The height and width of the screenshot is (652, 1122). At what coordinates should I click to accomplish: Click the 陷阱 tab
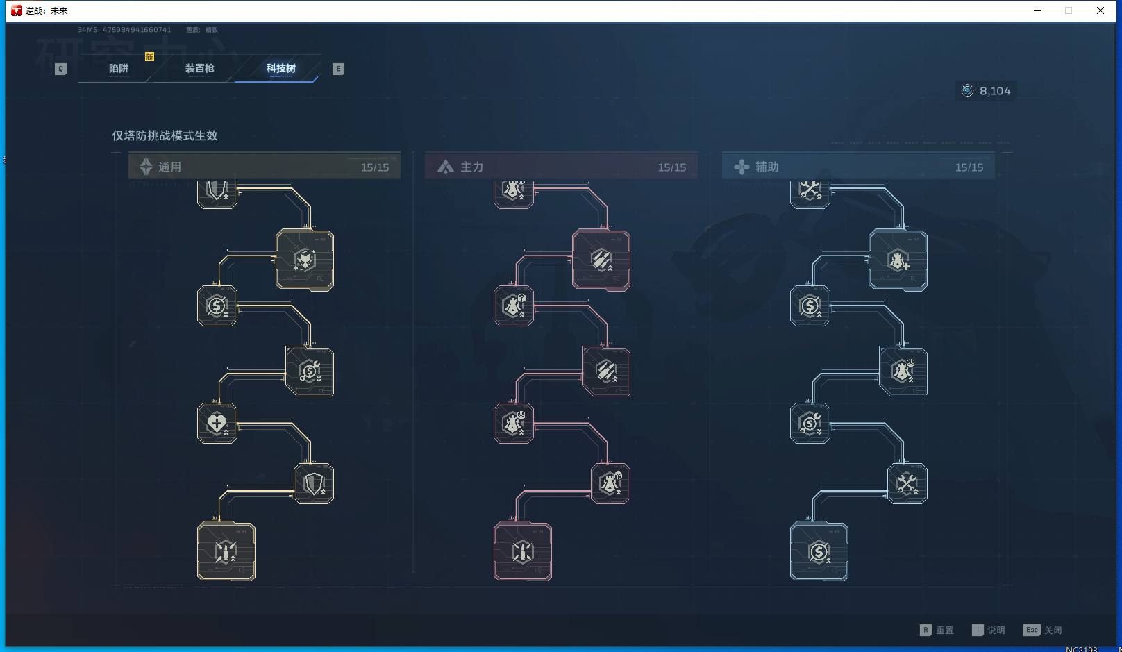pos(119,68)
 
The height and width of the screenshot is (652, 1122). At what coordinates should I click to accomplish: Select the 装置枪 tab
pos(199,68)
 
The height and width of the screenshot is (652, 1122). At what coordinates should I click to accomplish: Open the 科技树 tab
pos(280,68)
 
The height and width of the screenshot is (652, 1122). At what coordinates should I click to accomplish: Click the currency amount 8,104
pos(994,91)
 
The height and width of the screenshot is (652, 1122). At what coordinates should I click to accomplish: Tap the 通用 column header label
pos(169,167)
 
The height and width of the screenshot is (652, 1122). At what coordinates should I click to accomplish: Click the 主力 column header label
pos(471,167)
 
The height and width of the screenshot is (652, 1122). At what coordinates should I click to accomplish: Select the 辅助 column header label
pos(767,167)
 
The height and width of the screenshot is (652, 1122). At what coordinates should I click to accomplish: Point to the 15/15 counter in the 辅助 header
pos(969,167)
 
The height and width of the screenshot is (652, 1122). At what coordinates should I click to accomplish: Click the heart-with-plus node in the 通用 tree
pos(217,423)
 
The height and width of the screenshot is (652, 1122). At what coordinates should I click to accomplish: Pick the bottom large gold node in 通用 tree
pos(226,551)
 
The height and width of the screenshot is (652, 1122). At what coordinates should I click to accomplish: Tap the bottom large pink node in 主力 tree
pos(523,551)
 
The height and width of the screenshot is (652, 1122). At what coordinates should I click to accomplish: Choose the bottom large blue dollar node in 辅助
pos(819,551)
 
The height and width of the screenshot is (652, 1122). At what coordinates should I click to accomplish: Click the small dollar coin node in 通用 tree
pos(217,306)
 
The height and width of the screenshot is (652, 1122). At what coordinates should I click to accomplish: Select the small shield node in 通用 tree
pos(314,483)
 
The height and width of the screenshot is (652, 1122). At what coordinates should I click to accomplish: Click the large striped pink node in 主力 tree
pos(601,260)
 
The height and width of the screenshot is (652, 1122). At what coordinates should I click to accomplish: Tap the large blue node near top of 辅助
pos(898,260)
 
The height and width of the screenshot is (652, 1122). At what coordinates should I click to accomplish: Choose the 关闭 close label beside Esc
pos(1053,630)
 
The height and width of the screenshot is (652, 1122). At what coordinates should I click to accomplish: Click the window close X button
pos(1100,10)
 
